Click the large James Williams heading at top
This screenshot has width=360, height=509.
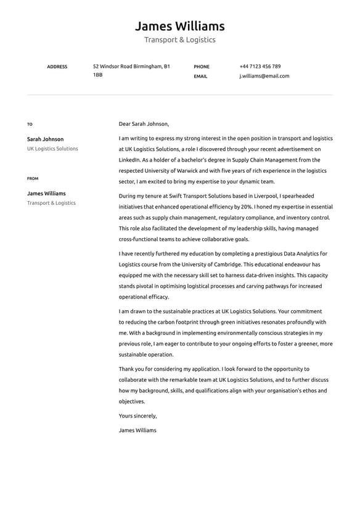pos(179,26)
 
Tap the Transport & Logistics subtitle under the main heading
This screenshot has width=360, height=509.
pos(179,40)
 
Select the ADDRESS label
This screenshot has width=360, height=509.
pos(57,67)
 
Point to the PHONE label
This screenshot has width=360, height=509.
pos(202,67)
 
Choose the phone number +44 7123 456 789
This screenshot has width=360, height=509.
pos(260,66)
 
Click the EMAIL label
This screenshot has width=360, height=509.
pos(200,77)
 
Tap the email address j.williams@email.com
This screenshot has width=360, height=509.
pos(264,77)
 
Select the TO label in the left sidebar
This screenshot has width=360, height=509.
pos(30,124)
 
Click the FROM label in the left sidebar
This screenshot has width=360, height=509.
pos(33,178)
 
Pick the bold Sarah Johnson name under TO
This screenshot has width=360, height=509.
pos(45,139)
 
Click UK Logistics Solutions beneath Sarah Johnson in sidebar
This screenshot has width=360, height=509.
pos(52,149)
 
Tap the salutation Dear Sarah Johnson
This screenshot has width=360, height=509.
pos(144,123)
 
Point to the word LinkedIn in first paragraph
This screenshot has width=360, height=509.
pos(129,160)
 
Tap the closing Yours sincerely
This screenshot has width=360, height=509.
pos(137,416)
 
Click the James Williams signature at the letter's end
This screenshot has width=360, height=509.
pos(137,430)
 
